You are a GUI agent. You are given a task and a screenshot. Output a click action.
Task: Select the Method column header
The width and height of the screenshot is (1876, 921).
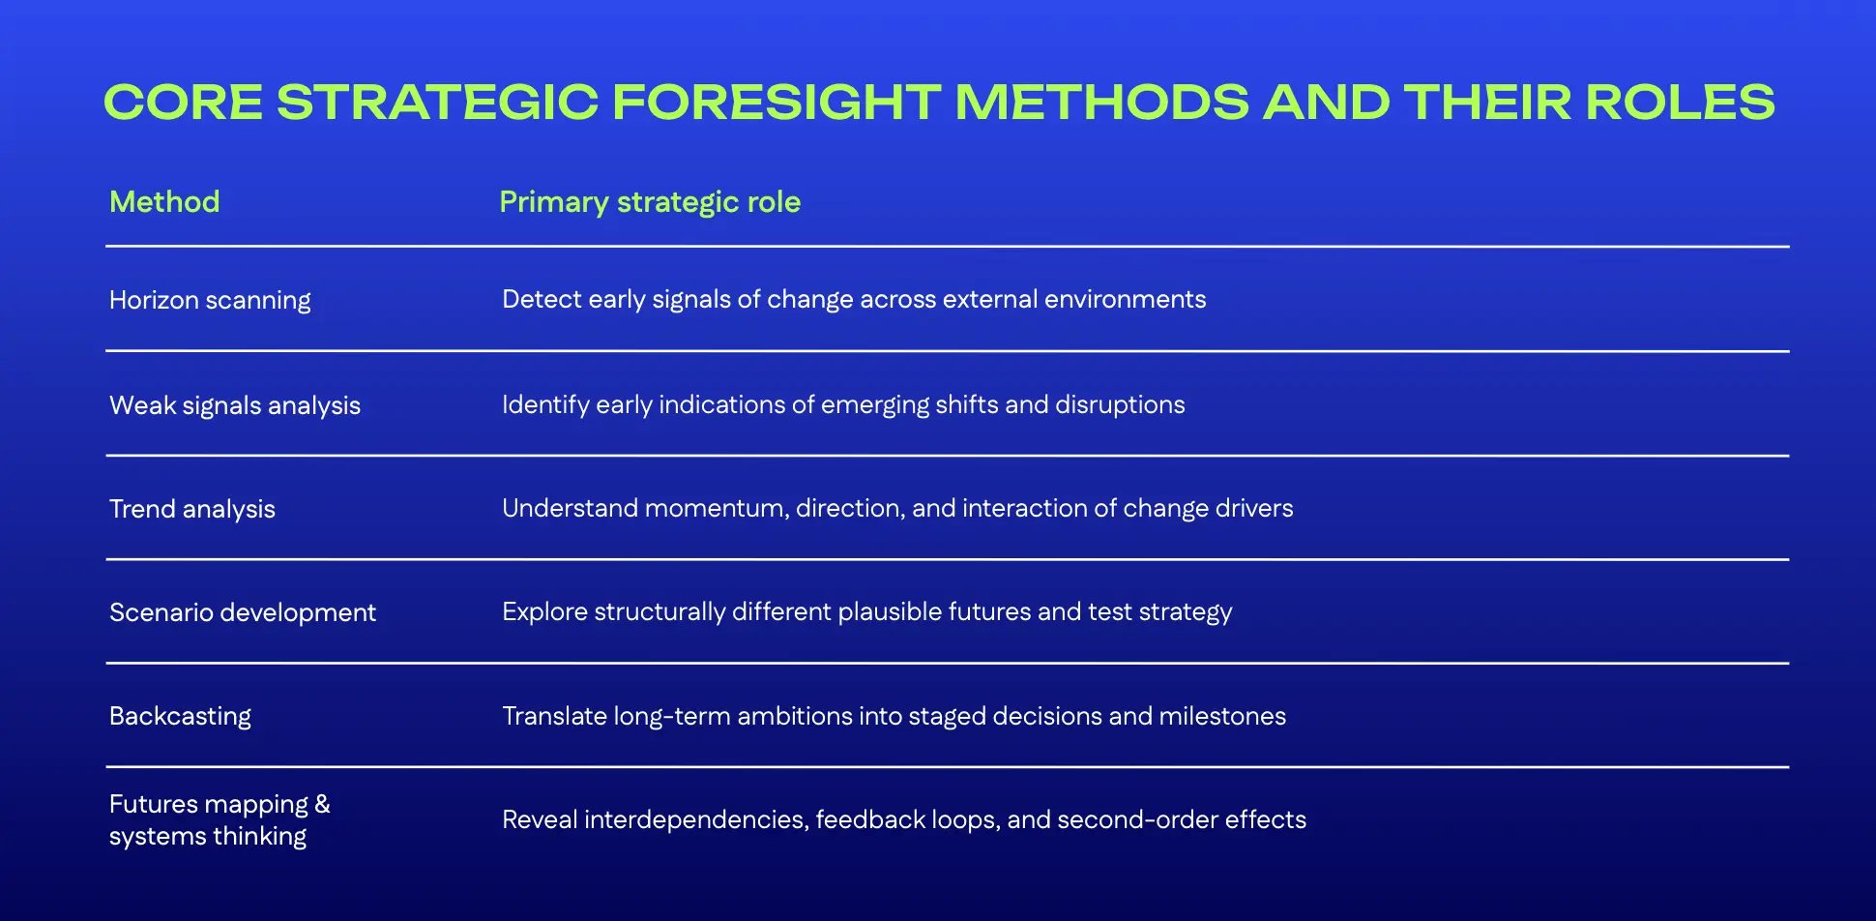point(164,201)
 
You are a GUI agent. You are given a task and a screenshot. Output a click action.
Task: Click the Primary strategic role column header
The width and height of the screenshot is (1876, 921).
point(650,201)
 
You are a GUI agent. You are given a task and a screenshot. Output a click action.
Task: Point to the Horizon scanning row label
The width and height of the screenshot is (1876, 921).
point(210,300)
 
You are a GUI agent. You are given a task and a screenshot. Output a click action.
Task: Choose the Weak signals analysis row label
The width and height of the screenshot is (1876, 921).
point(235,405)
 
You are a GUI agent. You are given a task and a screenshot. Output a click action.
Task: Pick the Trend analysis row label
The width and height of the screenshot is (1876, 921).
point(192,509)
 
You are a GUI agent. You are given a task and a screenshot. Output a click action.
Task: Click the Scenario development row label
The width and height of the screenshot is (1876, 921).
point(243,612)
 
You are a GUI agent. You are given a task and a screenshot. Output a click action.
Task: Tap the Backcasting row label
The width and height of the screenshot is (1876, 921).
point(180,716)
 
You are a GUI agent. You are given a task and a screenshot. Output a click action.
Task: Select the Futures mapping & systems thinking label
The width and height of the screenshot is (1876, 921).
point(219,819)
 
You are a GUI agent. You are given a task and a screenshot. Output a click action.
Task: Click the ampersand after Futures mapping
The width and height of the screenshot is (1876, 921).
point(322,804)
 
